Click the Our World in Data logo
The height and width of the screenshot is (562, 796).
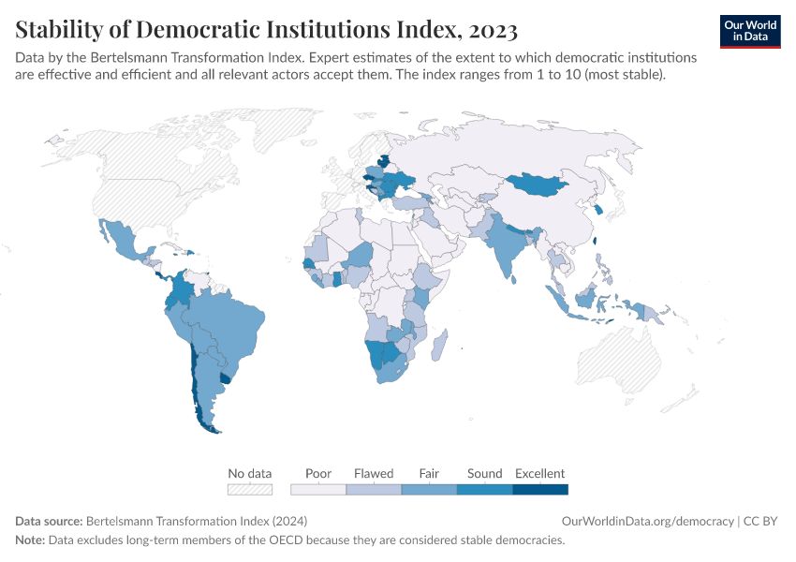coord(749,31)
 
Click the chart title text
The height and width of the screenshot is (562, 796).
coord(267,30)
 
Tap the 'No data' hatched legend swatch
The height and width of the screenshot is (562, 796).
coord(250,489)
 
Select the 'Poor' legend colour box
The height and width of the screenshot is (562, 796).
coord(318,489)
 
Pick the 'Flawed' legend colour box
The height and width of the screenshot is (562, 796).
coord(374,489)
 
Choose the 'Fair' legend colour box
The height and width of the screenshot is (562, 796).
coord(429,489)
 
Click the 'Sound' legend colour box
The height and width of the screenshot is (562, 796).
coord(484,489)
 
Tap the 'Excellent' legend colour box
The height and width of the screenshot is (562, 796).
coord(540,489)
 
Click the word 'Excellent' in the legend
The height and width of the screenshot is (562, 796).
coord(540,473)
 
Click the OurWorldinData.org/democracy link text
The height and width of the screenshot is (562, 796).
coord(647,521)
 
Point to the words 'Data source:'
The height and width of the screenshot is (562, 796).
coord(49,521)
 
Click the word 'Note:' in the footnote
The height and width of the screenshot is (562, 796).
coord(32,540)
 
